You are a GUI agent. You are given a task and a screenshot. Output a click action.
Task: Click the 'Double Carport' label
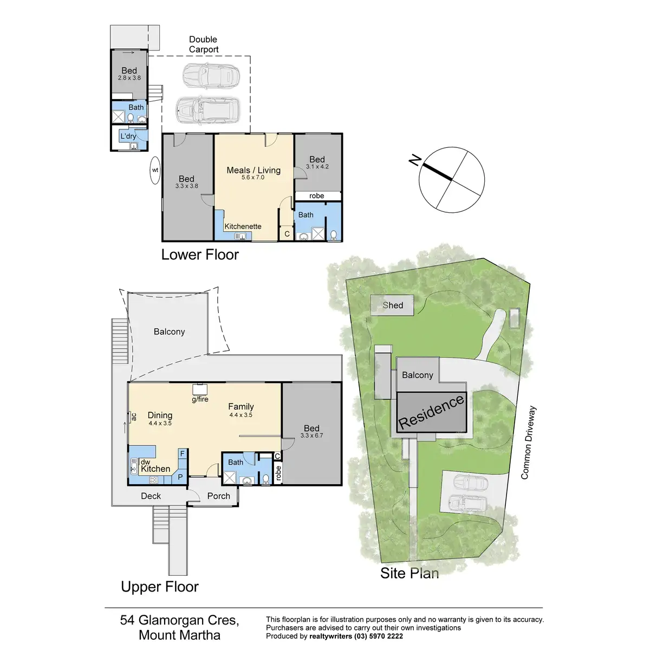(204, 44)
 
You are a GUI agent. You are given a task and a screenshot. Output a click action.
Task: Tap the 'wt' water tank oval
(155, 170)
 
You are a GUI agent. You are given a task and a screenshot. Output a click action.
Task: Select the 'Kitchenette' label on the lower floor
(243, 226)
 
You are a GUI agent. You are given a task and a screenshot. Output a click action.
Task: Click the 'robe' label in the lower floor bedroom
(317, 196)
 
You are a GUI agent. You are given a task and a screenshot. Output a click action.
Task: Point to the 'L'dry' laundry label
(128, 136)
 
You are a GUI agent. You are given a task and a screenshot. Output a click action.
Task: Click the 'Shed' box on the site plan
(393, 305)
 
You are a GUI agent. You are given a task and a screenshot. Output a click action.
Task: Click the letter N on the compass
(415, 160)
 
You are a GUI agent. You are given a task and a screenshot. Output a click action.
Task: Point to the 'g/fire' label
(200, 399)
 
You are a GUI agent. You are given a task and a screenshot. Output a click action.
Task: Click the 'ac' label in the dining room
(134, 417)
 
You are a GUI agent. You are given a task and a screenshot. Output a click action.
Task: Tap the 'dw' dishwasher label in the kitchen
(145, 462)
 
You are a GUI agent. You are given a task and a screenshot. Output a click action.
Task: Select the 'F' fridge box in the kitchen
(183, 453)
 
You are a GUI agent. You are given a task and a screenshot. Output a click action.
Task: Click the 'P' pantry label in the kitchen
(181, 477)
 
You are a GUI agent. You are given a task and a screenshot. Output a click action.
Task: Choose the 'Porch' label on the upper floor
(218, 496)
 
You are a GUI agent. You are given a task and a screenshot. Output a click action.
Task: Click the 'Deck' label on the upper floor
(151, 496)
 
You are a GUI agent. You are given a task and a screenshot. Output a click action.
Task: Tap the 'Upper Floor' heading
(160, 587)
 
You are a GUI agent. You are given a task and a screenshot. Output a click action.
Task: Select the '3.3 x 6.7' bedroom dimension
(311, 435)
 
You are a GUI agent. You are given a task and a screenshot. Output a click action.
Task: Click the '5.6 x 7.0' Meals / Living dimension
(253, 178)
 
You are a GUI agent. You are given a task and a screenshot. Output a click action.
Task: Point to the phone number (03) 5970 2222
(378, 636)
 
